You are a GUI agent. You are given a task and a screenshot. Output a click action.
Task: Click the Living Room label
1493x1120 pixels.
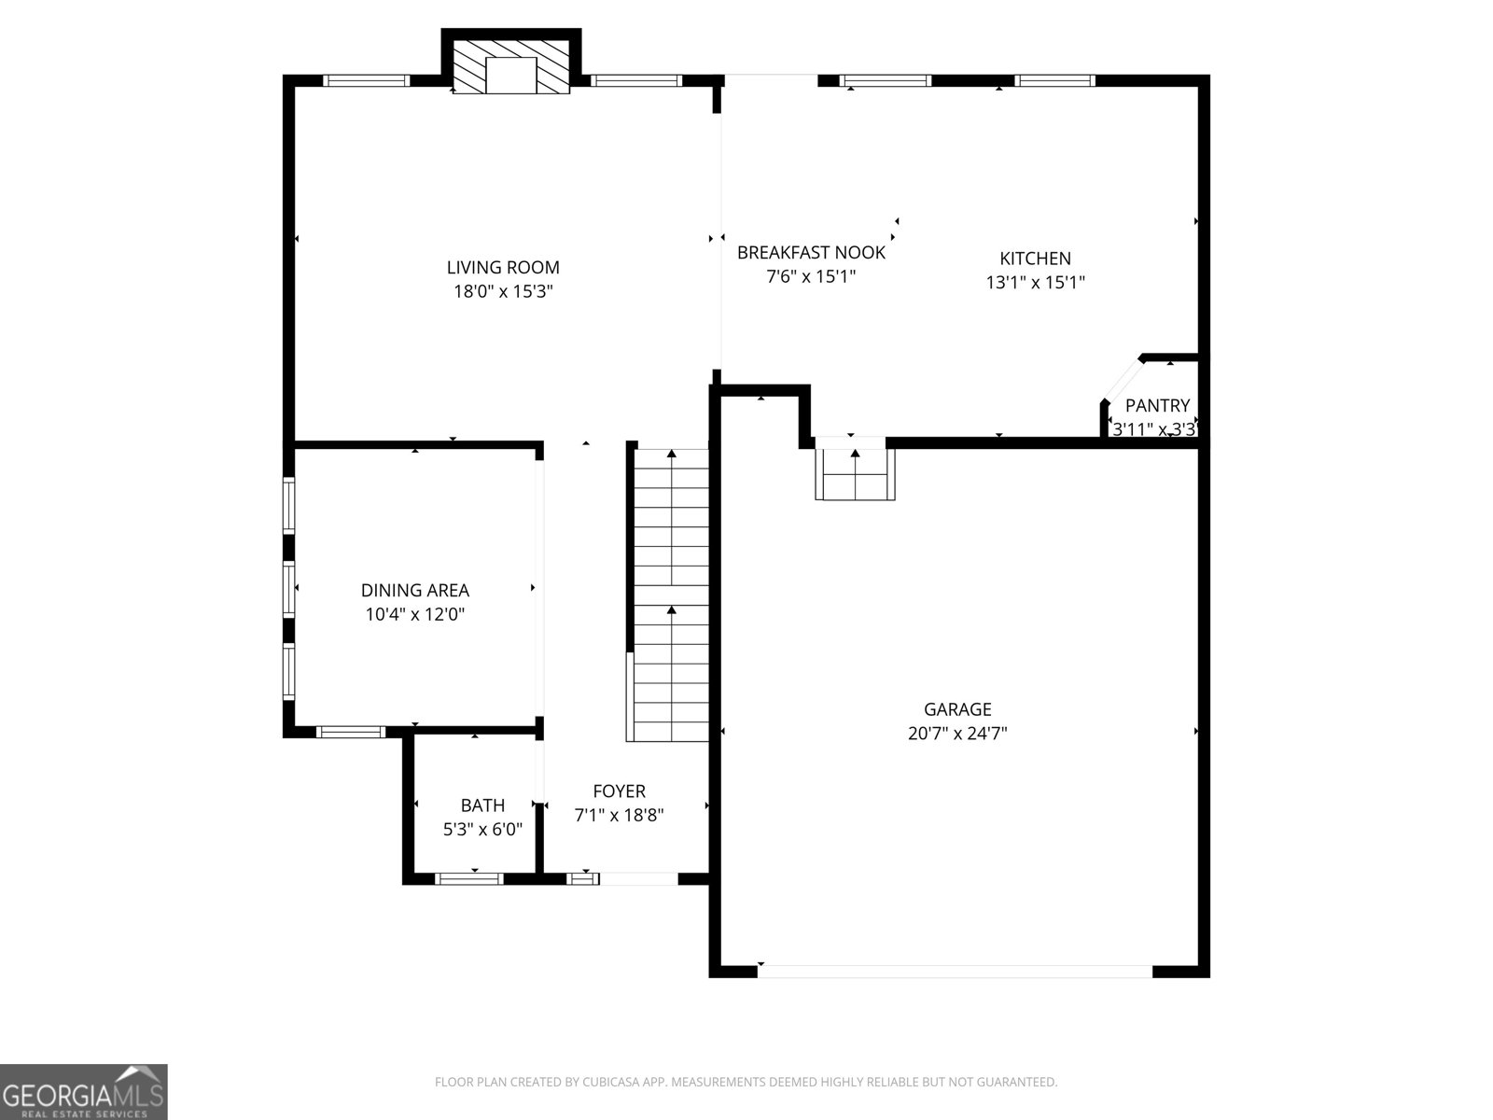503,268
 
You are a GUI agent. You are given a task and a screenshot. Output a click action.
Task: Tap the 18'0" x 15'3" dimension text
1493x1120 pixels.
503,291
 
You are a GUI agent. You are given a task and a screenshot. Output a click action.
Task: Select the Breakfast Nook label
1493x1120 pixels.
811,252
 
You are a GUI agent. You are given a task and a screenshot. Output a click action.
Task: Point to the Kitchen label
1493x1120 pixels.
1035,259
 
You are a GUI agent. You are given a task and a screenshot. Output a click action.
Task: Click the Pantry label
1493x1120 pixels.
1157,405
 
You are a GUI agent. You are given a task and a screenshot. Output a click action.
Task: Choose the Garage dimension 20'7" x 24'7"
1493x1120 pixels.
957,734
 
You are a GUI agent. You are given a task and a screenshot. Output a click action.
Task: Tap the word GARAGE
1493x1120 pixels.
957,709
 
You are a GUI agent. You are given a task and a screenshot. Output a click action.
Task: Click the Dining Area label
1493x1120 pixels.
414,590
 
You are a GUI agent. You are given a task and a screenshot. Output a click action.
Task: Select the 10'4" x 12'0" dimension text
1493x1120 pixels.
414,614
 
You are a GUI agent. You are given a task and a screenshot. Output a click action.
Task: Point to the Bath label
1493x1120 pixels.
482,805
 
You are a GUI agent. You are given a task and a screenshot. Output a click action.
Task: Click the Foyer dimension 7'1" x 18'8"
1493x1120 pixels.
619,815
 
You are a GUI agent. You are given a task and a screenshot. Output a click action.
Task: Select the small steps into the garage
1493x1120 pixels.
855,473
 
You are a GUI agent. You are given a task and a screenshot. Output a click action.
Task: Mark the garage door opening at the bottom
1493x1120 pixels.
955,972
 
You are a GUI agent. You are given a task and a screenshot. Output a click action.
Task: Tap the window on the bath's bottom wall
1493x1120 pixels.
469,878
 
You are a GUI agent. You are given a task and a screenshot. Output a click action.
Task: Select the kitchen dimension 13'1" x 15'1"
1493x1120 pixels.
1035,282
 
